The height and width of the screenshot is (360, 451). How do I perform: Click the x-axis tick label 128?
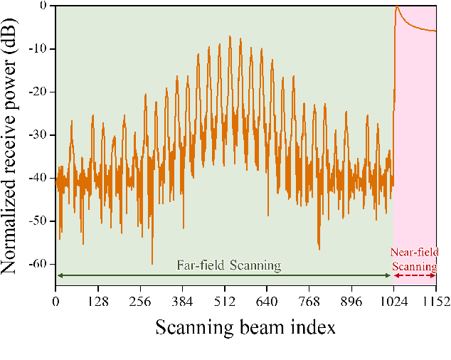97,302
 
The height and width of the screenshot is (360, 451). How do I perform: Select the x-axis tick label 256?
140,302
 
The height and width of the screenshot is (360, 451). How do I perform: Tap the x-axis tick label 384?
182,302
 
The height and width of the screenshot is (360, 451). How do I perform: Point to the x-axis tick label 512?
225,302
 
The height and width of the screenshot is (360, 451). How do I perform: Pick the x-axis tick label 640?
267,302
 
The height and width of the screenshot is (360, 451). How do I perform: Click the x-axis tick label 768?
309,302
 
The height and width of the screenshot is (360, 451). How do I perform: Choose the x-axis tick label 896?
351,302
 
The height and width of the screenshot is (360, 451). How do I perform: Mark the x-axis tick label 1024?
393,302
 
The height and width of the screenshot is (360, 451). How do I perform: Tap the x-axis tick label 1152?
435,302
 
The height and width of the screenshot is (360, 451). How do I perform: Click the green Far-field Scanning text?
228,265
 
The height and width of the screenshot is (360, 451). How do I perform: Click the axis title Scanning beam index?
245,327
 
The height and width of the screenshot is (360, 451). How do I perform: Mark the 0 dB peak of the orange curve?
397,6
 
